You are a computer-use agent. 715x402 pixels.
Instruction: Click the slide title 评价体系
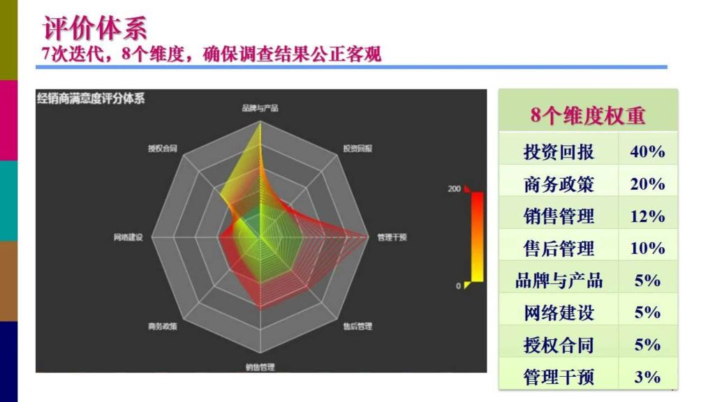95,28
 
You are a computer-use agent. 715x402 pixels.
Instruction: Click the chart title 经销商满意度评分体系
91,98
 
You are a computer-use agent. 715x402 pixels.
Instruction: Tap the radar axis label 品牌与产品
260,108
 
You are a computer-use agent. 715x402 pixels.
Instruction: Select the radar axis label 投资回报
357,148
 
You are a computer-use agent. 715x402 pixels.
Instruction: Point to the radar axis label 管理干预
392,237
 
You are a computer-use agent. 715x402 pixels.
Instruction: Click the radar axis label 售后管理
357,326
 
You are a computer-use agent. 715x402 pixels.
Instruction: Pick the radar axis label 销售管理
260,366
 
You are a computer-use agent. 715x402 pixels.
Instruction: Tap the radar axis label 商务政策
162,326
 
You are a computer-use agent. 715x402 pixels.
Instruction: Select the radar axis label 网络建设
128,237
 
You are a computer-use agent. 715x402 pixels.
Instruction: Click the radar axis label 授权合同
162,148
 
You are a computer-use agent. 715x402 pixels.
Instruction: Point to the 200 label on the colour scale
454,188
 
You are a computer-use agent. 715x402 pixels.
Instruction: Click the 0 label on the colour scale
458,285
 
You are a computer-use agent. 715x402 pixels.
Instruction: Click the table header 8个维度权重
588,115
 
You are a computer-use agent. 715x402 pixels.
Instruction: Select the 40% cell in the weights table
647,151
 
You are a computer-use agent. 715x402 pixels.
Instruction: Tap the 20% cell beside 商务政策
647,184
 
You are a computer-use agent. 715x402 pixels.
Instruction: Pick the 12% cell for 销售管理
647,216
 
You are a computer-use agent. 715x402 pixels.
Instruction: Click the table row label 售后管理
559,248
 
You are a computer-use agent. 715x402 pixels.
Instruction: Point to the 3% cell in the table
647,377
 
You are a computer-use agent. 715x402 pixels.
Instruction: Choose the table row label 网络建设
559,313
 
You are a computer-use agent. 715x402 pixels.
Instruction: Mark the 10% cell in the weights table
647,248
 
